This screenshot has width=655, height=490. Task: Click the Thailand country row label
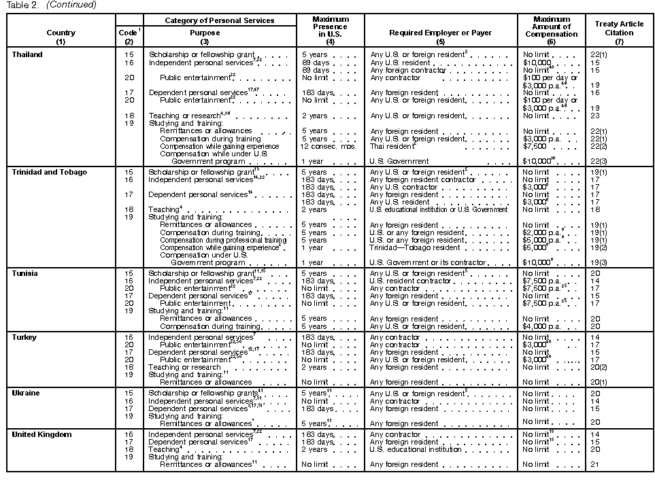(27, 55)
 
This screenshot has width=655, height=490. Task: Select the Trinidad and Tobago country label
(50, 173)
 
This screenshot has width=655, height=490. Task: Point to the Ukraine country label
(26, 393)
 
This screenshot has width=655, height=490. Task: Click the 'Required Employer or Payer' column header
(441, 33)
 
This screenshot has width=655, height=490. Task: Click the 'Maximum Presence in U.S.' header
(330, 28)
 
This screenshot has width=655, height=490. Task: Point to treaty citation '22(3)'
(599, 161)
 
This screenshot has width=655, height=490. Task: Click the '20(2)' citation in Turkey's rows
(599, 368)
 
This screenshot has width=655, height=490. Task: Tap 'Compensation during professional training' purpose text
(223, 240)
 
